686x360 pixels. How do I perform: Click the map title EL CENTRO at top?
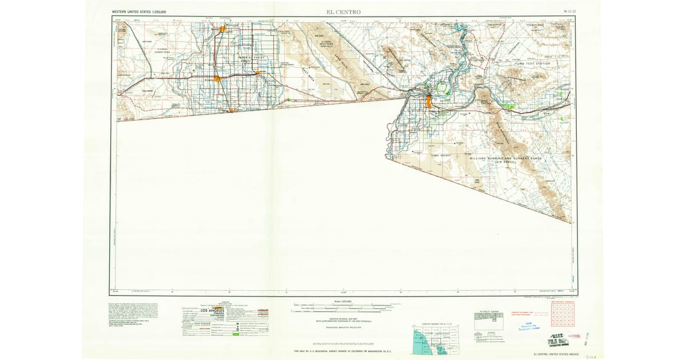pyautogui.click(x=343, y=11)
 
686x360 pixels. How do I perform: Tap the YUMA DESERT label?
pyautogui.click(x=441, y=154)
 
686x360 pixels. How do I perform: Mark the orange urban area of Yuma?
pyautogui.click(x=429, y=102)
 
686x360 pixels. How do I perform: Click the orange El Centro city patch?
pyautogui.click(x=218, y=79)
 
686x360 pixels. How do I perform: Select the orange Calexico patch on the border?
pyautogui.click(x=232, y=110)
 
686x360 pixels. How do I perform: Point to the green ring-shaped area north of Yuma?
pyautogui.click(x=441, y=89)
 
